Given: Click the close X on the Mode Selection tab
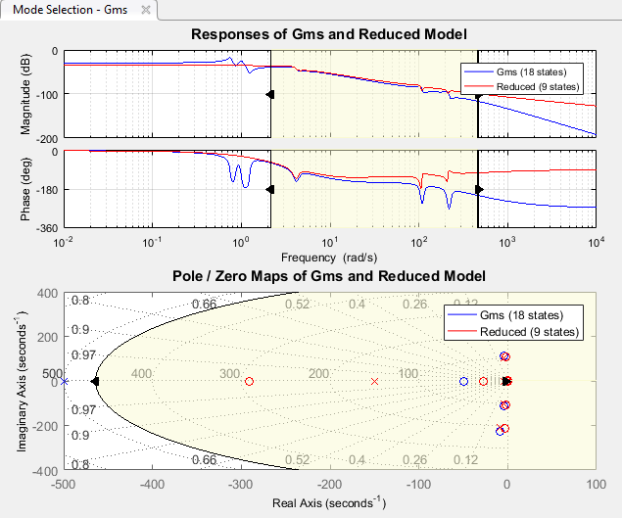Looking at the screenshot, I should [x=146, y=10].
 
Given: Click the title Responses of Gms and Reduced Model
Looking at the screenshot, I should [x=328, y=34].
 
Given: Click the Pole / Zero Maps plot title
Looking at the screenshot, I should [x=328, y=276].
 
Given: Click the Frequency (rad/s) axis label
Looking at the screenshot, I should [x=328, y=258].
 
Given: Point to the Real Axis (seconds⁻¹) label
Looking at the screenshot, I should [x=328, y=502].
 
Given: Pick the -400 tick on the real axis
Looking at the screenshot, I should [x=152, y=484].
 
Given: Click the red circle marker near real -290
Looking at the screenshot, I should [x=249, y=382].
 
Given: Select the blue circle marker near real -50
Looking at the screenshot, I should [x=463, y=381].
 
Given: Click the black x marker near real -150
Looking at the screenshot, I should [x=373, y=381].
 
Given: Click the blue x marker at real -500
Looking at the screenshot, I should [x=65, y=381].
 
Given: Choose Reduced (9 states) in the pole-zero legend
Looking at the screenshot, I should [x=530, y=332].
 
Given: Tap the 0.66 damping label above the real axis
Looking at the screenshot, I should [x=204, y=305].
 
